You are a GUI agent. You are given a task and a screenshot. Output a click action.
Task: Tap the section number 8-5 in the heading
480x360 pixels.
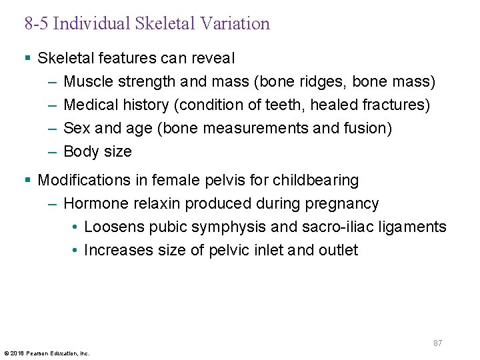(x=36, y=24)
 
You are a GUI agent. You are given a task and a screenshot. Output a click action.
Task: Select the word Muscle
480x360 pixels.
(x=88, y=82)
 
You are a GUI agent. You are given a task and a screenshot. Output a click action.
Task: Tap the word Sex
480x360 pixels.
(x=76, y=128)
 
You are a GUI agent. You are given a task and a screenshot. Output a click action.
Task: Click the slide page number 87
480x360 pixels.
(x=437, y=343)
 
